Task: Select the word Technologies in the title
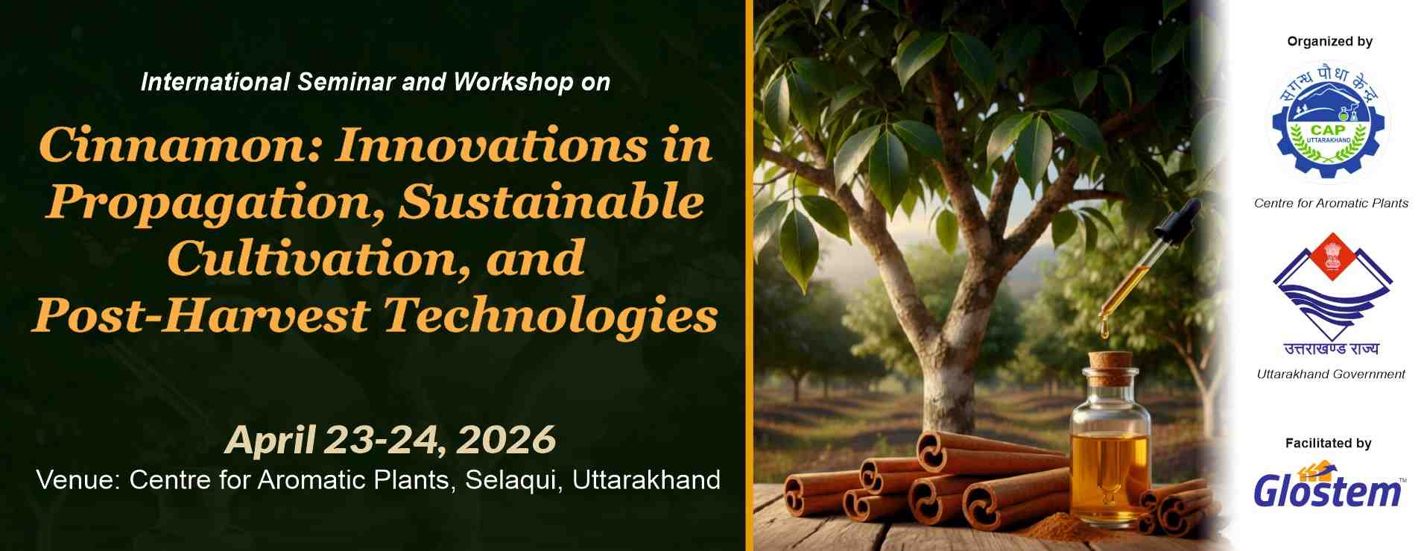(x=551, y=316)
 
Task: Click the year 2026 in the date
(x=506, y=439)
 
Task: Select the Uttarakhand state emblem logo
(x=1331, y=295)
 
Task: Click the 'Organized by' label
(x=1329, y=42)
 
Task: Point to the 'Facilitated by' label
(x=1328, y=444)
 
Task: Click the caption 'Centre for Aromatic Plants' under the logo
(x=1331, y=203)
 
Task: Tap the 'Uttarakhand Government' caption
(x=1331, y=374)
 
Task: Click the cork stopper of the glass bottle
(x=1110, y=367)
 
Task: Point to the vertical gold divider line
(x=749, y=275)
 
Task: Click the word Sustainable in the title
(x=551, y=201)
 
